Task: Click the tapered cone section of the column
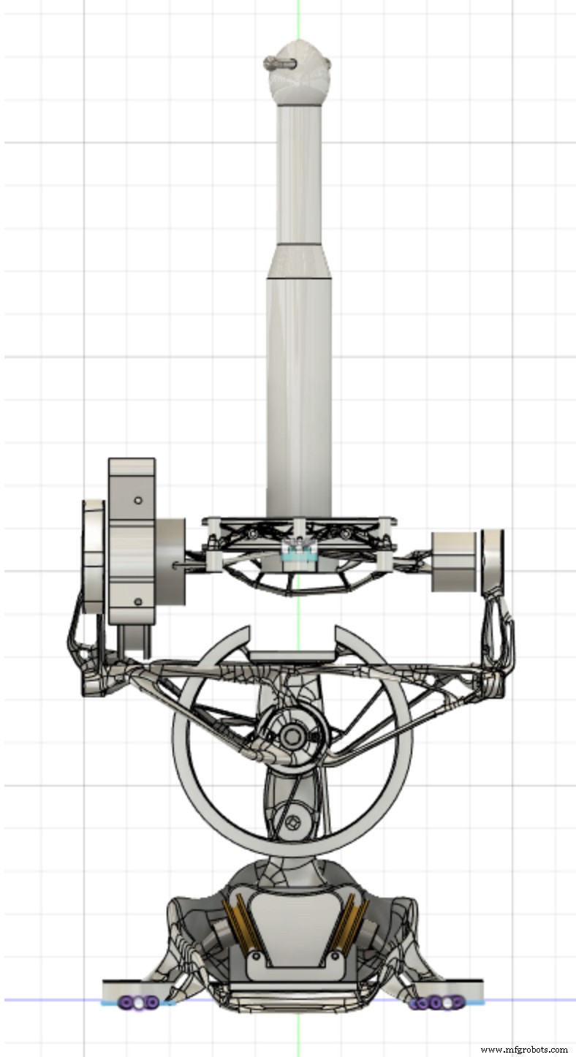[299, 261]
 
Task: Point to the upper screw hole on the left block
[138, 500]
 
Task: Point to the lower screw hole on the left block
[138, 602]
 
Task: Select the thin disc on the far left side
[94, 556]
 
